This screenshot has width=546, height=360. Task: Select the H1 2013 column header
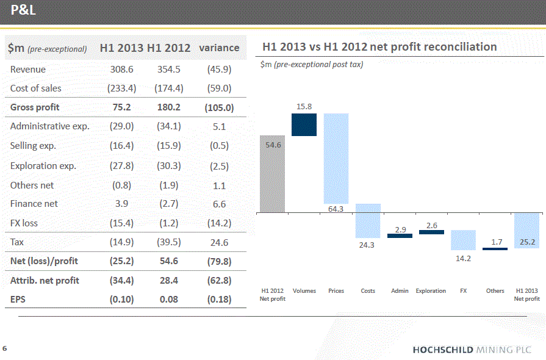[122, 48]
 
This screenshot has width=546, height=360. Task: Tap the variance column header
[219, 48]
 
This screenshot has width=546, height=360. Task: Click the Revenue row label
[28, 70]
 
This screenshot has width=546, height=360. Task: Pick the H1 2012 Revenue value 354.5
[169, 70]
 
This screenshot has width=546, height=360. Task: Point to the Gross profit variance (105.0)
[219, 107]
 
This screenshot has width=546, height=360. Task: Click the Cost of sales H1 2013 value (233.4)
[122, 88]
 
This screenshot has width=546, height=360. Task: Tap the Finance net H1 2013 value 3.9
[122, 204]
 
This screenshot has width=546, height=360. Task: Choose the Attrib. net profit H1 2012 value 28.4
[169, 281]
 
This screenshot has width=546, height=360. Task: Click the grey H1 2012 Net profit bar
[272, 174]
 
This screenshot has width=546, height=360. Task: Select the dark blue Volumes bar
[304, 124]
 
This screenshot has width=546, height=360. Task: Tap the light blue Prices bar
[336, 159]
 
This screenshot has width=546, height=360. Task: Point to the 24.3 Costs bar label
[368, 245]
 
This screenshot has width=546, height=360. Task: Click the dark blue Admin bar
[400, 236]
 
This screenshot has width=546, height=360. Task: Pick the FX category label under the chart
[464, 291]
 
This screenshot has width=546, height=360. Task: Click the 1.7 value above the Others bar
[496, 242]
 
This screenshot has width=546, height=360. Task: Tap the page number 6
[5, 348]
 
